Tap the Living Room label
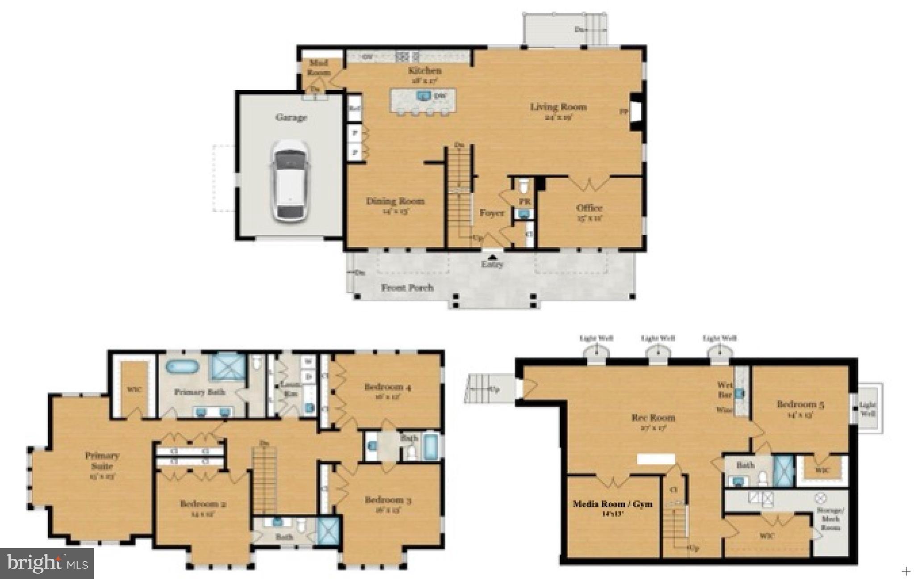(x=558, y=107)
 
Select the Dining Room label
(x=395, y=201)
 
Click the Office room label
(x=590, y=208)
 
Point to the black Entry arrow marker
(x=492, y=257)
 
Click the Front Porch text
(x=407, y=288)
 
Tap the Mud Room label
(x=320, y=67)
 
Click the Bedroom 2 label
(x=203, y=504)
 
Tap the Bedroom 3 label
(x=388, y=500)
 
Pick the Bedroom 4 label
(x=387, y=387)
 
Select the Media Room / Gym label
(x=612, y=504)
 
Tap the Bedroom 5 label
(x=800, y=404)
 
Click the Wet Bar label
(x=724, y=390)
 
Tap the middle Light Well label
(x=658, y=338)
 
